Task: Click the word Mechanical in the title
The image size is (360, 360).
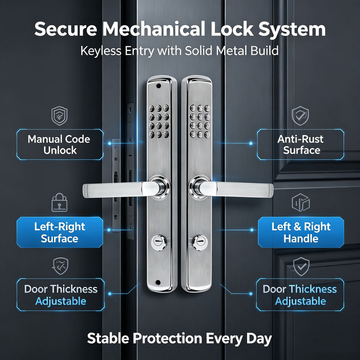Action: tap(153, 29)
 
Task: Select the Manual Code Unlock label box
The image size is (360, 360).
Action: tap(60, 145)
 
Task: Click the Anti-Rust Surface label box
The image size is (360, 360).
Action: tap(300, 145)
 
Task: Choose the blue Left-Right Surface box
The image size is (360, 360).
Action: tap(60, 232)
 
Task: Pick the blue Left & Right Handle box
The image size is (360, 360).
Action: tap(301, 232)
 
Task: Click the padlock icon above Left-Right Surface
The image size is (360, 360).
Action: tap(60, 202)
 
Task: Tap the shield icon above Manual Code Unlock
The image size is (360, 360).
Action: tap(60, 115)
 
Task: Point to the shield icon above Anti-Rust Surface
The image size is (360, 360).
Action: tap(300, 115)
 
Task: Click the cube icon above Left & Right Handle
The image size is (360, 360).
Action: tap(301, 202)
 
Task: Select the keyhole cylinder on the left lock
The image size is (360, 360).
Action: tap(159, 243)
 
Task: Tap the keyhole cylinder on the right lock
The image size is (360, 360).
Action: tap(200, 243)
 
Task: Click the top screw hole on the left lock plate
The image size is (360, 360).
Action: tap(158, 86)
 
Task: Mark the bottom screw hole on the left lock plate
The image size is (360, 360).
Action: tap(158, 282)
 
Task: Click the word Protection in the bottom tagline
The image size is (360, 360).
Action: tap(168, 338)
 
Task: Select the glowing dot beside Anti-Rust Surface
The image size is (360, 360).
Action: tap(251, 143)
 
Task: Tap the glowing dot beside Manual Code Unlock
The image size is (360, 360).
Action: tap(109, 143)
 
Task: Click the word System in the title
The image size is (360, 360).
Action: tap(292, 29)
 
